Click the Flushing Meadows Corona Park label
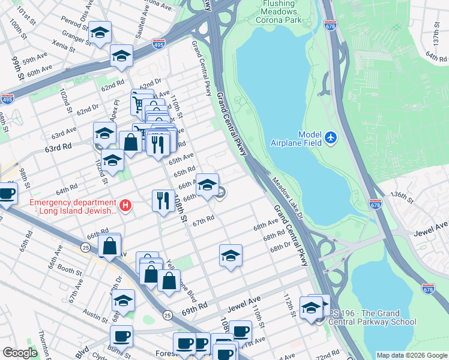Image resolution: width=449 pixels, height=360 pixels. tap(270, 11)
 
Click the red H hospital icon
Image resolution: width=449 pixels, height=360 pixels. tap(125, 206)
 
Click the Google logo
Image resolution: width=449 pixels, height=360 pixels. tap(20, 353)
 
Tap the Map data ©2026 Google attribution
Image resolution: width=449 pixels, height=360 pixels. tap(411, 355)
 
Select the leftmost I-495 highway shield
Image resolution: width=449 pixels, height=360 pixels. tap(7, 98)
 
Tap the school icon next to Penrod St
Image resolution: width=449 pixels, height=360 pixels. tap(100, 33)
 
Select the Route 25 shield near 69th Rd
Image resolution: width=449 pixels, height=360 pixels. tap(167, 314)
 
